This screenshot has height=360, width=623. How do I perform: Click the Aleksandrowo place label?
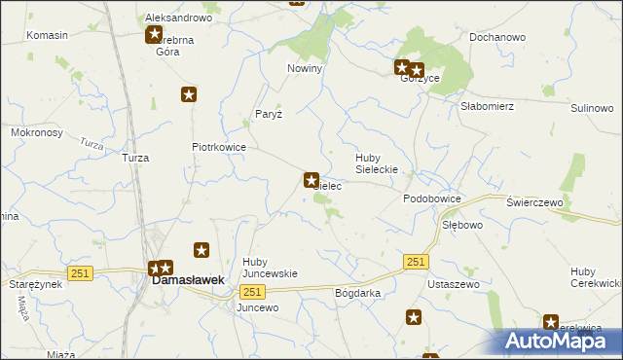tap(178, 18)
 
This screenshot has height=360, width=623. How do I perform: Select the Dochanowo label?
tap(496, 37)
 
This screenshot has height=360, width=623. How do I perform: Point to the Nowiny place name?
tap(304, 69)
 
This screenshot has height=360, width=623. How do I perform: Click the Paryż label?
tap(268, 114)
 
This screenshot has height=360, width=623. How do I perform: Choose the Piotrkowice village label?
tap(218, 148)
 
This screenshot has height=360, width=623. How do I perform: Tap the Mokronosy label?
tap(37, 131)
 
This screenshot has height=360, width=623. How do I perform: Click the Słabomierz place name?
tap(487, 106)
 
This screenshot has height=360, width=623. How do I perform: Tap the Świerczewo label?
tap(535, 201)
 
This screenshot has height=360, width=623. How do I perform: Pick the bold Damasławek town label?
tap(187, 280)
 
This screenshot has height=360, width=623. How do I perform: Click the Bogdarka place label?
tap(357, 293)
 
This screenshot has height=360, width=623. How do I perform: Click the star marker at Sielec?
tap(311, 180)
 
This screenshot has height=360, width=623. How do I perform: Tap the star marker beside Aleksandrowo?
tap(154, 36)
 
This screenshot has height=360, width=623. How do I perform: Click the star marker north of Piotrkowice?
tap(189, 94)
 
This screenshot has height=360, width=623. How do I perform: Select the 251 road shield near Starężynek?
tap(80, 273)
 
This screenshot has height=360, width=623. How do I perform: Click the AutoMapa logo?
tap(562, 341)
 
